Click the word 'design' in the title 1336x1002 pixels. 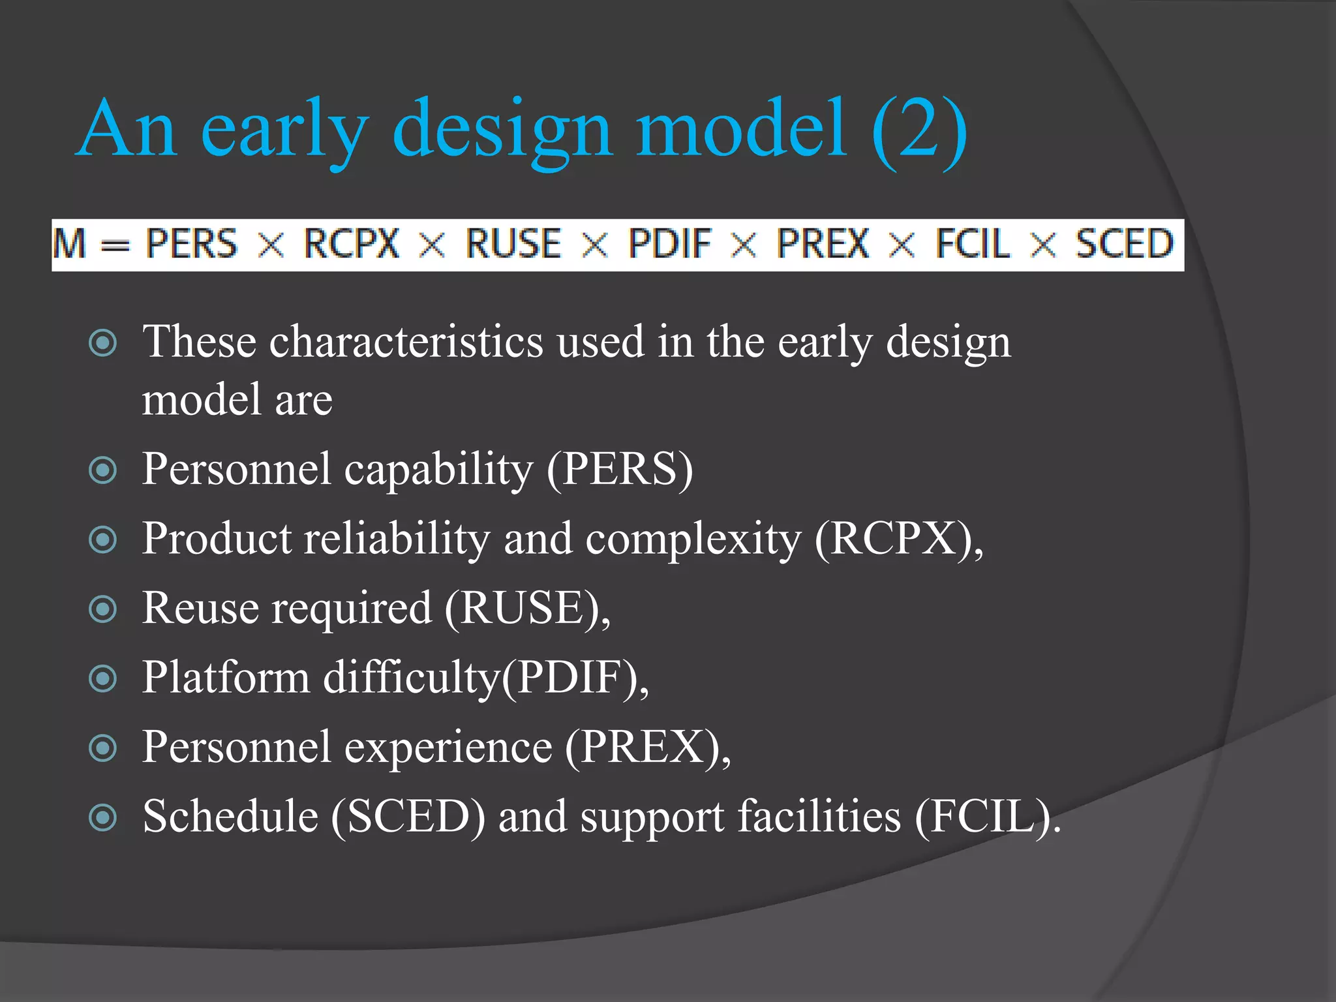click(502, 130)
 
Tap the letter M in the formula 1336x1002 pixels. click(70, 244)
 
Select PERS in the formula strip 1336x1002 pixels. click(191, 244)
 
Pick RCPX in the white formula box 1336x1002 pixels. click(352, 244)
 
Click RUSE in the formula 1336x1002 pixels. click(513, 244)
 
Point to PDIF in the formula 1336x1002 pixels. click(669, 244)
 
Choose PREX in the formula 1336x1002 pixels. click(823, 244)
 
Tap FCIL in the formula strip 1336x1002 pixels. click(973, 244)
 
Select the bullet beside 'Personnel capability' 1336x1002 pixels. click(102, 470)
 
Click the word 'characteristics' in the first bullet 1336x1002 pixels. click(406, 342)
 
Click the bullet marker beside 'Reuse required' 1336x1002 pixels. click(102, 609)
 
